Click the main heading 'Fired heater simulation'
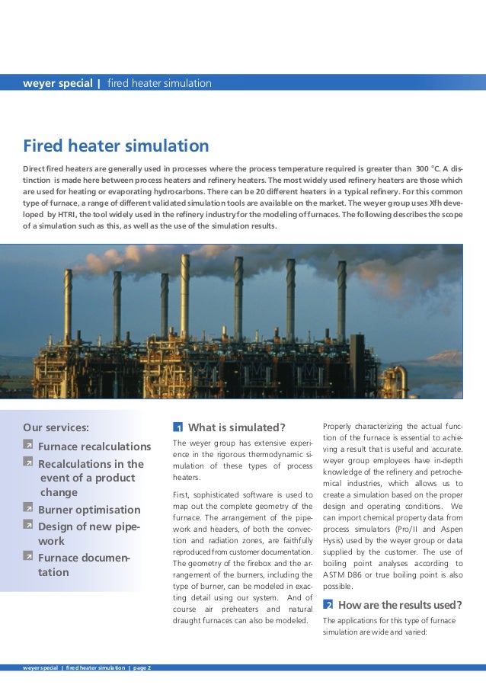pos(116,146)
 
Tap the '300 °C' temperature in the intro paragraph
pos(431,168)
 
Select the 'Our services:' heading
pos(56,427)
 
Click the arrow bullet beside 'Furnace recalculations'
pos(28,445)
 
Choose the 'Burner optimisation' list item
pos(89,510)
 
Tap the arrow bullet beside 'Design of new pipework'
pos(28,526)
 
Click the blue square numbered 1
pos(177,427)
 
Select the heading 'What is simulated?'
pos(236,427)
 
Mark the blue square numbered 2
pos(328,605)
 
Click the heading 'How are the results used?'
pos(400,605)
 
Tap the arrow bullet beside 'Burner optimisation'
pos(28,508)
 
